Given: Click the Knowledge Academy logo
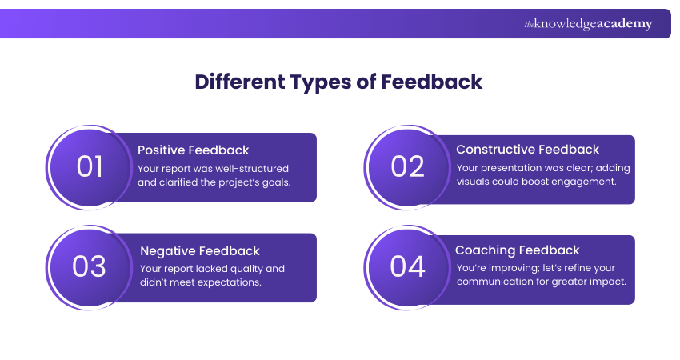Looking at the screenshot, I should (x=588, y=24).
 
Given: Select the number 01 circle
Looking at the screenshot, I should (x=90, y=166).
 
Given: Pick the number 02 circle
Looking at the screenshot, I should (x=407, y=166).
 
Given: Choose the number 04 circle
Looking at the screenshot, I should (x=407, y=266).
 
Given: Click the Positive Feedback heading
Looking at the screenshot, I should (x=194, y=150).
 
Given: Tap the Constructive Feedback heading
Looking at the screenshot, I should (x=527, y=150).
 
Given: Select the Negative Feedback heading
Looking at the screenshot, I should (x=199, y=251).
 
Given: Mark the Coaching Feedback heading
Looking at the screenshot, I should (x=518, y=250).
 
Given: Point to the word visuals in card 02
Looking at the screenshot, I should (x=477, y=182).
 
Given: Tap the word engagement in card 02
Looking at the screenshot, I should (x=584, y=182).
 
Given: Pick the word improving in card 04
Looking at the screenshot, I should (x=519, y=269).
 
